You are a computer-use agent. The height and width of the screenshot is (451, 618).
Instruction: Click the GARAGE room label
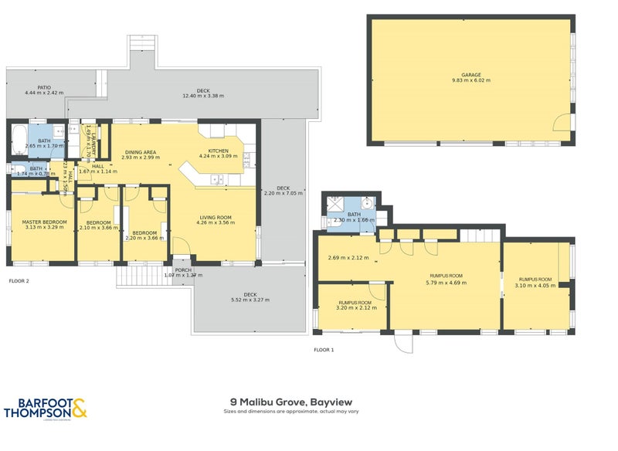pos(470,74)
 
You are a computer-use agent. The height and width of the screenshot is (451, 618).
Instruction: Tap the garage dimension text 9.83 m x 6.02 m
pos(470,80)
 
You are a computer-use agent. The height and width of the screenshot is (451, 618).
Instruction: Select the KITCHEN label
pos(219,151)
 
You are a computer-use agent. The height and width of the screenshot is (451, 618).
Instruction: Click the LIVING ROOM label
pos(216,217)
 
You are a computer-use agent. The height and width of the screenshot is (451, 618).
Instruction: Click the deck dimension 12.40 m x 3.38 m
pos(202,97)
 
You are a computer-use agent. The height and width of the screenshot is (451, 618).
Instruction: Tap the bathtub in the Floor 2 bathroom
pos(17,139)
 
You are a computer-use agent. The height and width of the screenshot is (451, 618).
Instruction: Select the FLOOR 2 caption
pos(19,281)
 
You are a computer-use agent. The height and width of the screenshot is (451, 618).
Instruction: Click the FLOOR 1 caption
pos(324,350)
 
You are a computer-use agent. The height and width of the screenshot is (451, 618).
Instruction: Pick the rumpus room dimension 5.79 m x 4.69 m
pos(446,283)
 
